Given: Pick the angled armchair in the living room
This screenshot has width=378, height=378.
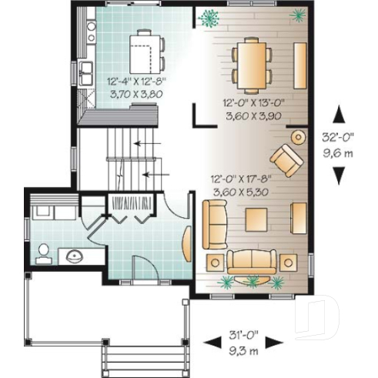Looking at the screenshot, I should (286, 159).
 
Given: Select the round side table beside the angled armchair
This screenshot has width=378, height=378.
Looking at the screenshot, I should (296, 137).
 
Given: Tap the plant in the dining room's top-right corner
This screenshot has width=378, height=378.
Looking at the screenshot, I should (296, 14).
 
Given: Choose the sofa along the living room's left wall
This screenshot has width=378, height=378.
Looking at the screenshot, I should (213, 223).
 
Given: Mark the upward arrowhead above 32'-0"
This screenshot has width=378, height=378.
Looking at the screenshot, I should (339, 115).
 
